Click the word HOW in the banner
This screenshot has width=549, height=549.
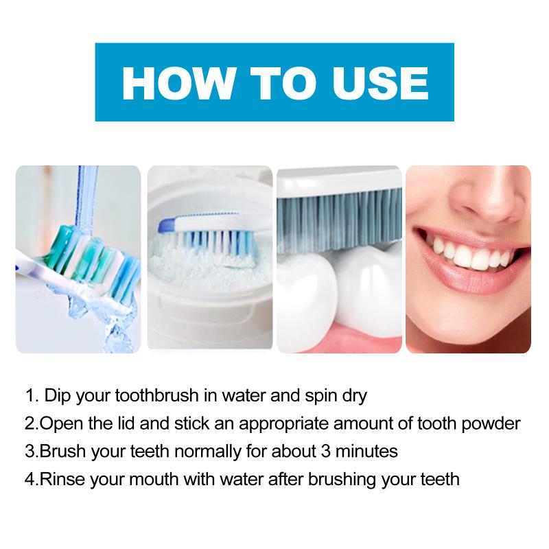click(178, 83)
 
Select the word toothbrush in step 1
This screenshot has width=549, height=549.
click(156, 396)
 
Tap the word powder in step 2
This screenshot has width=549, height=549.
click(491, 424)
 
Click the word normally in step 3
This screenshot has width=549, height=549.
click(208, 452)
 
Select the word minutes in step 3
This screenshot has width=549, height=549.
click(366, 451)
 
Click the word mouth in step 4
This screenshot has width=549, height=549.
click(154, 479)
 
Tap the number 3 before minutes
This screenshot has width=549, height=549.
click(325, 452)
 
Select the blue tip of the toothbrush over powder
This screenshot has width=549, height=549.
click(167, 224)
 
